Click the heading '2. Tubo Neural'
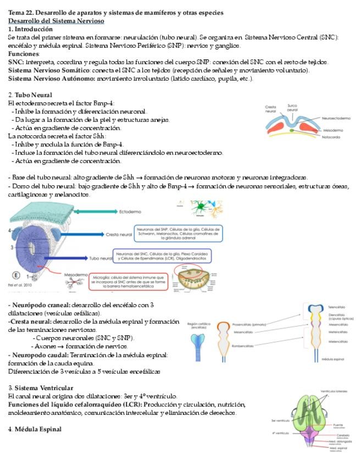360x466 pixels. tap(30, 95)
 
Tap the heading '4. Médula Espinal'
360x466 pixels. tap(35, 429)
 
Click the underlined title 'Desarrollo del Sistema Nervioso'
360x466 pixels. tap(56, 20)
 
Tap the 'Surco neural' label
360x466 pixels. tap(292, 108)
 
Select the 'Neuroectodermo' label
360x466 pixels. tap(336, 118)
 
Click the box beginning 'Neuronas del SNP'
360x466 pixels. tap(179, 233)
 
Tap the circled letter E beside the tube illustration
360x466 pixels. tap(16, 275)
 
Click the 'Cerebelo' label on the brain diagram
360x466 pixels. tap(335, 435)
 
